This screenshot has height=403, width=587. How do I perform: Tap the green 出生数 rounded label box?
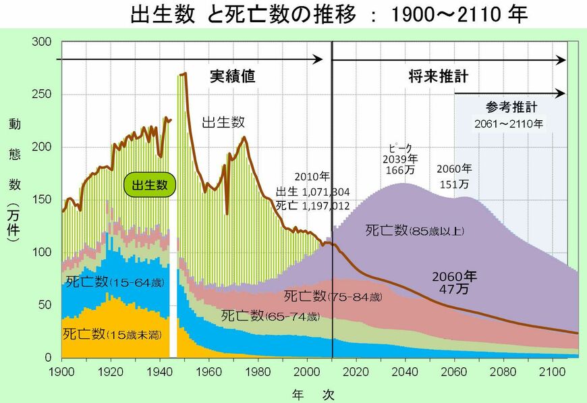pos(149,184)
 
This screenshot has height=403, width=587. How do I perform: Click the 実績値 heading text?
pos(232,76)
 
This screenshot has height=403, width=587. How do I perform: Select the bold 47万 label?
pos(454,288)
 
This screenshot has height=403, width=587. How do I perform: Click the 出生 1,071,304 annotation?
pos(312,192)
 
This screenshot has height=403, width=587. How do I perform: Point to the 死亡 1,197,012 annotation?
pos(312,205)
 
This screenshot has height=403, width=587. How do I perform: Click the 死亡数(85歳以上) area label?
pos(415,231)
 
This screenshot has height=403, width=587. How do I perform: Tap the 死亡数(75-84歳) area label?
pos(333,296)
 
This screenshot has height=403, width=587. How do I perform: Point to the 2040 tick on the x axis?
pos(405,371)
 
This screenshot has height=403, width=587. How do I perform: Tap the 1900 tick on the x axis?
pos(61,371)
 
